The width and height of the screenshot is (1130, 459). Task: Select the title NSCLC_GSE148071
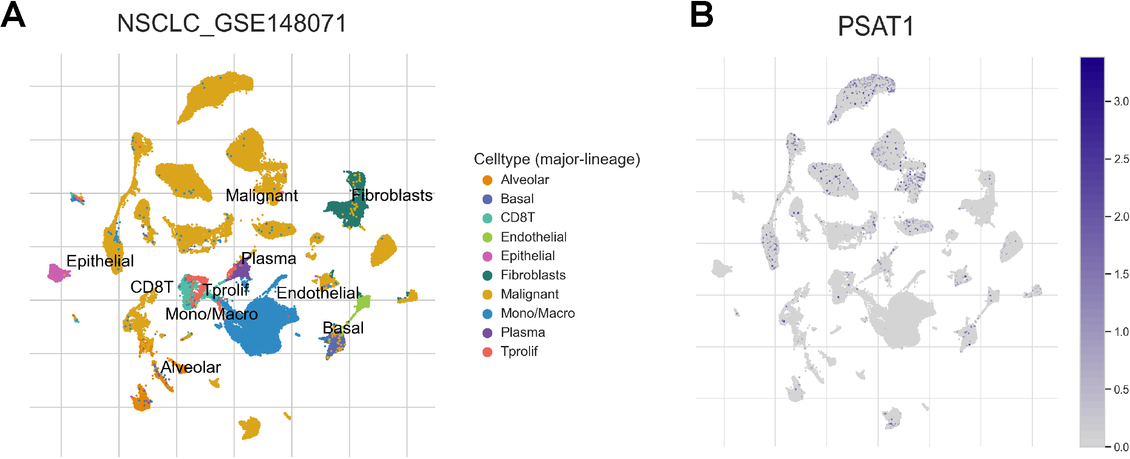point(232,23)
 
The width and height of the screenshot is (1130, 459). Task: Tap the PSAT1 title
point(876,26)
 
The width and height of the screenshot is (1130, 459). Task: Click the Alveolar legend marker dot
point(487,180)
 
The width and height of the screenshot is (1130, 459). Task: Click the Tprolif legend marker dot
point(487,352)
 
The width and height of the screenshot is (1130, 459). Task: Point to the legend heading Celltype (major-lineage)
point(557,159)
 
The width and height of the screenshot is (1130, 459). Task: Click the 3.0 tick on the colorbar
point(1121,102)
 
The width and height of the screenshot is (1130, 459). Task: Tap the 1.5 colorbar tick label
point(1121,275)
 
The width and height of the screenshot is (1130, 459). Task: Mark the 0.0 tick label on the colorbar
point(1121,448)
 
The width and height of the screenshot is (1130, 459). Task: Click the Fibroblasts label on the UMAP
point(392,195)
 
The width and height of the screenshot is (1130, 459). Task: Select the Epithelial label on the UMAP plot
point(100,261)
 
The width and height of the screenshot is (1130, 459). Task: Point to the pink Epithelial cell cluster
point(58,273)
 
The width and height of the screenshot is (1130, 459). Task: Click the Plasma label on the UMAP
point(269,259)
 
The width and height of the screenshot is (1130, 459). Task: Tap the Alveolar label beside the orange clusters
point(191,367)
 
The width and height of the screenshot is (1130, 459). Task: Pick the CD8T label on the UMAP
point(151,287)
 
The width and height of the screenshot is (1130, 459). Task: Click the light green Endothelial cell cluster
point(362,302)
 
